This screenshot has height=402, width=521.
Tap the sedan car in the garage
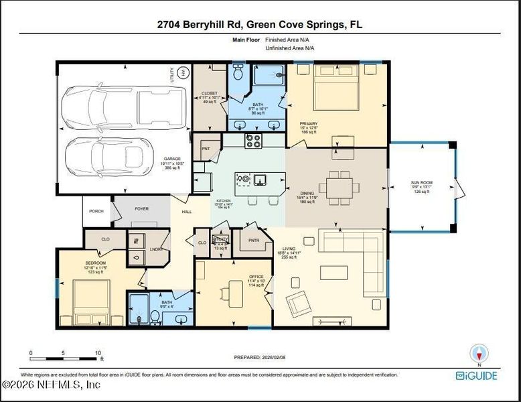(x=110, y=154)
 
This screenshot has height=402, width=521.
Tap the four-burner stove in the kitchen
(x=254, y=141)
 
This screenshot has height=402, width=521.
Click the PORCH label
(x=96, y=211)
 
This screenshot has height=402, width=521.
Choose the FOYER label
(x=141, y=208)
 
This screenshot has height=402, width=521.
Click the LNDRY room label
(x=156, y=249)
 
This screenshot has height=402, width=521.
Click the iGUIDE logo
(x=476, y=375)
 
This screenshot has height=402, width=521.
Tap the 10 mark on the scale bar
(x=98, y=352)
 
